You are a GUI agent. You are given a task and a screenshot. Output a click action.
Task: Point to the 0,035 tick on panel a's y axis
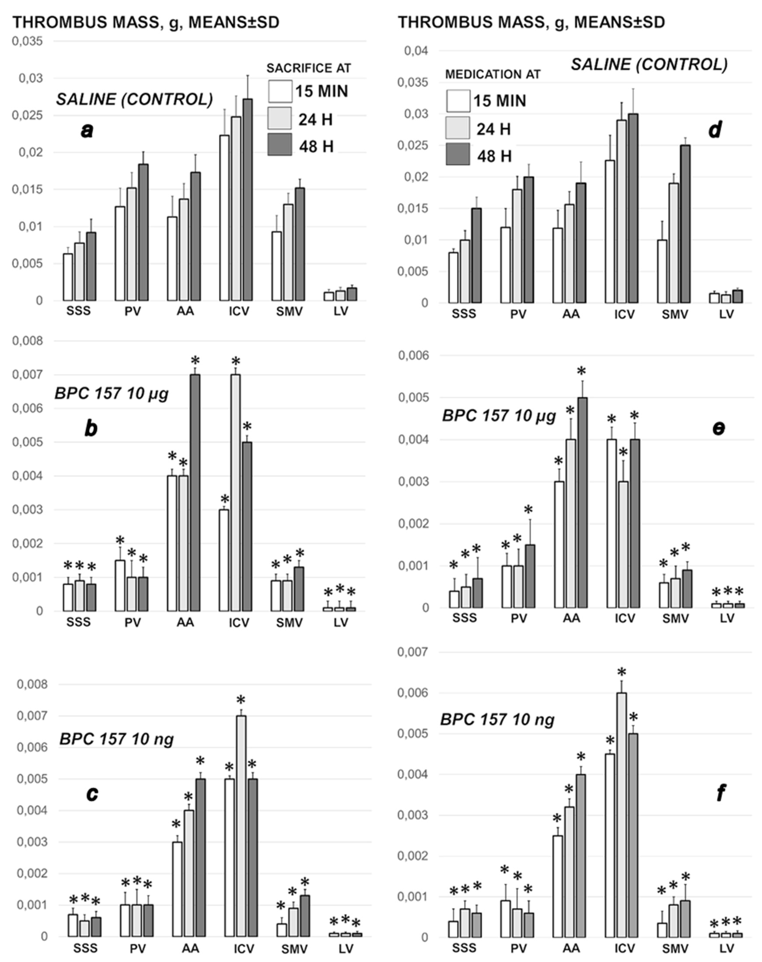(x=28, y=41)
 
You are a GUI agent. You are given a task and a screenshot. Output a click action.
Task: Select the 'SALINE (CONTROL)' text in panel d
(x=649, y=65)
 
